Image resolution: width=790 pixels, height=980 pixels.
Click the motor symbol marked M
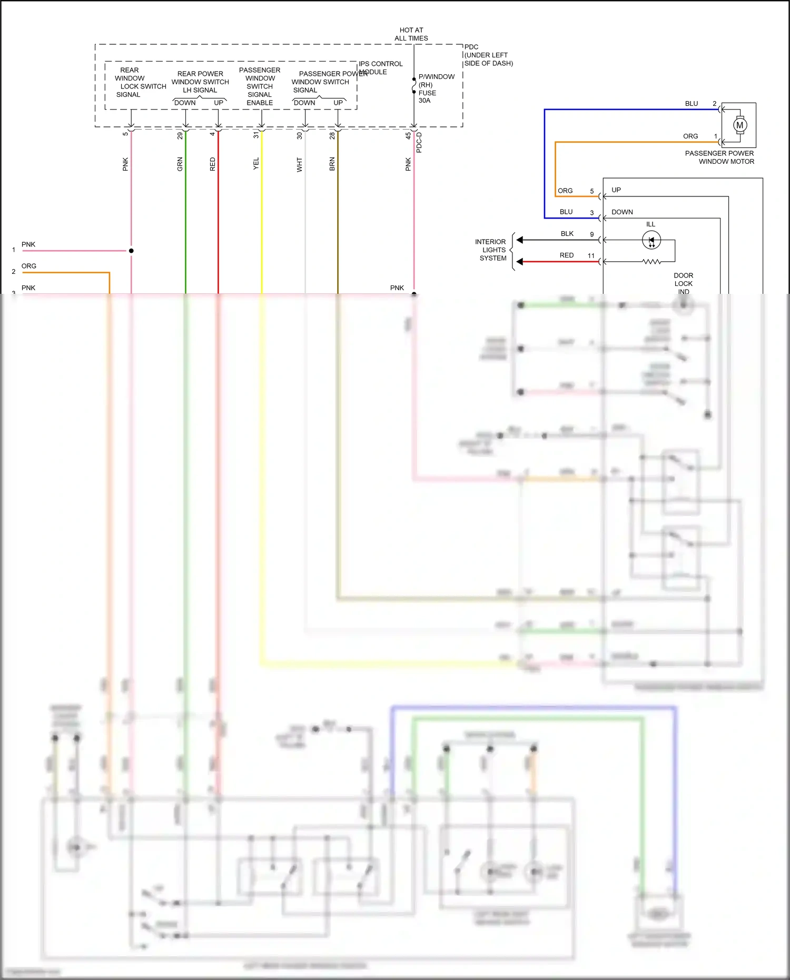(x=740, y=125)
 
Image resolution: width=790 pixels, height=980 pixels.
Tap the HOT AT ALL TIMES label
(x=411, y=34)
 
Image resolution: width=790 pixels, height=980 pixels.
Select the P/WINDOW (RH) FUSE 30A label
(x=436, y=88)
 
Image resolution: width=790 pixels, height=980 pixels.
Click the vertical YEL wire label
(x=256, y=164)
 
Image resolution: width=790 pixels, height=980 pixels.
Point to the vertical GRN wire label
(x=180, y=164)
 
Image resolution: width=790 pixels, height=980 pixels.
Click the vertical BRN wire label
(x=332, y=164)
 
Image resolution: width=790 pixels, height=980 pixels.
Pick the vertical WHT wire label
(x=300, y=164)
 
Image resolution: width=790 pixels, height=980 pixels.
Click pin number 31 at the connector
(x=256, y=135)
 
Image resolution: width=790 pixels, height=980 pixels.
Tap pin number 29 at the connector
(x=180, y=135)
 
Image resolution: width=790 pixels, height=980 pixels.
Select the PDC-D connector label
(x=419, y=142)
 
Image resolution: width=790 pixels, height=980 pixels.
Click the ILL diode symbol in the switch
(x=651, y=240)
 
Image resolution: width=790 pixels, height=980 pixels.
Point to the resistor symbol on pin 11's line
(x=651, y=262)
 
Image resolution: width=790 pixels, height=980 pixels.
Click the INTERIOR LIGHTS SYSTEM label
(x=491, y=250)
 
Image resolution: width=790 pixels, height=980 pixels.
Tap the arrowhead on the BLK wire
(x=520, y=240)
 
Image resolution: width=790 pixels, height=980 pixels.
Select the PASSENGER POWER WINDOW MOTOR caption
(x=719, y=157)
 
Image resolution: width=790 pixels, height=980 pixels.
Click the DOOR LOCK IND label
(x=683, y=283)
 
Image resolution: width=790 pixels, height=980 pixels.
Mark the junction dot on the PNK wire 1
(x=131, y=251)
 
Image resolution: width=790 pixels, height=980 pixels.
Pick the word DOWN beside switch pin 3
(x=622, y=212)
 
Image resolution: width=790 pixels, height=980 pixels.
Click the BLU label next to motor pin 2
(x=692, y=104)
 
